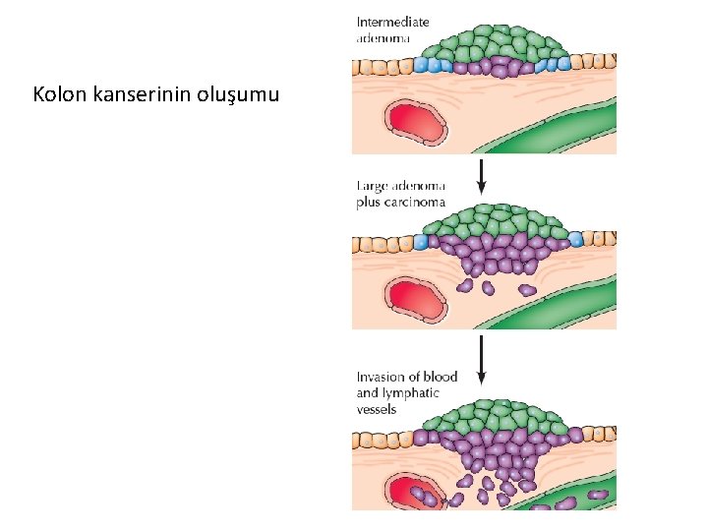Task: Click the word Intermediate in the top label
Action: pyautogui.click(x=392, y=22)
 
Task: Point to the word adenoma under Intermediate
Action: pyautogui.click(x=383, y=38)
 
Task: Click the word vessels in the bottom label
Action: pyautogui.click(x=377, y=409)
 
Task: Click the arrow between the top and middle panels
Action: pyautogui.click(x=482, y=175)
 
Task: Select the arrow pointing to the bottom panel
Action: pyautogui.click(x=482, y=359)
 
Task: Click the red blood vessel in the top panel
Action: pyautogui.click(x=417, y=123)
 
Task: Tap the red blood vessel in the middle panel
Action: pyautogui.click(x=417, y=299)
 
